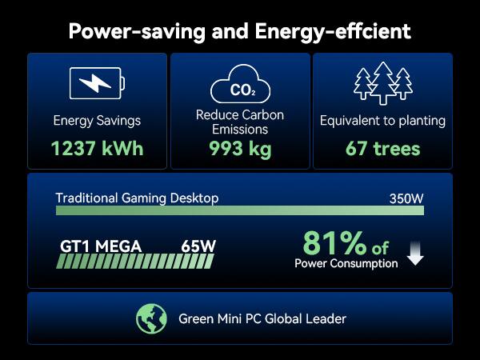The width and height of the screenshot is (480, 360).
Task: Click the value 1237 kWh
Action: click(x=97, y=148)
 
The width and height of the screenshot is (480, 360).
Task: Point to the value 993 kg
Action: click(x=240, y=148)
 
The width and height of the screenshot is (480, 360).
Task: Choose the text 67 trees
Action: click(x=382, y=148)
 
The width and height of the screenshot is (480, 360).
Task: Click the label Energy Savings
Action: click(x=97, y=121)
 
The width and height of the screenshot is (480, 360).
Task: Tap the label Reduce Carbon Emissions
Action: click(x=240, y=122)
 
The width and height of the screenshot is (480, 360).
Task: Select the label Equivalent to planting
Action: click(x=382, y=121)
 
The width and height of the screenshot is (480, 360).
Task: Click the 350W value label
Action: click(x=406, y=198)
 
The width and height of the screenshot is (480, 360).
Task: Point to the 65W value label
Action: click(x=198, y=246)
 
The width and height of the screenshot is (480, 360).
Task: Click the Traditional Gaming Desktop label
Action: click(x=137, y=198)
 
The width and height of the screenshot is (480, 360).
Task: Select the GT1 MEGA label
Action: click(x=102, y=246)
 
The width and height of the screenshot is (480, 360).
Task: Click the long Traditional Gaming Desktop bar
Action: click(x=240, y=210)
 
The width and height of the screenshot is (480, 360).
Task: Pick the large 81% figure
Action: click(x=334, y=242)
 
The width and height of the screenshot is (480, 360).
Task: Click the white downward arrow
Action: click(x=415, y=255)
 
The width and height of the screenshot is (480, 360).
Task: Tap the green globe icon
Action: click(x=150, y=318)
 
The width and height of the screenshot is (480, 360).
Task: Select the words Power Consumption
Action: click(x=346, y=263)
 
